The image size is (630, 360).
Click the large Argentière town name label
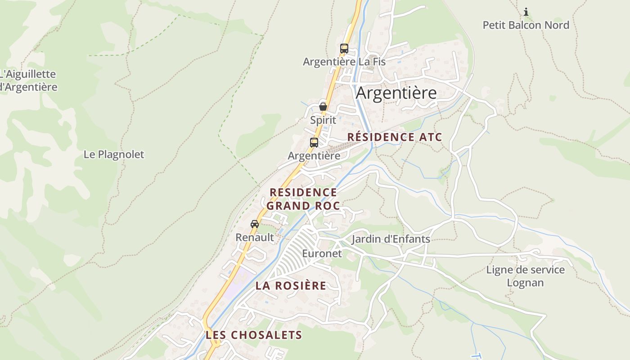coord(396,93)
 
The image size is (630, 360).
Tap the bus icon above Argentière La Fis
coord(344,48)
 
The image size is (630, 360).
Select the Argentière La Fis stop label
coord(344,62)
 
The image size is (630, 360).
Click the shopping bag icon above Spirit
coord(323,107)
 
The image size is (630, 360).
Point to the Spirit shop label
coord(323,120)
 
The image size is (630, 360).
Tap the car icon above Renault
coord(255,224)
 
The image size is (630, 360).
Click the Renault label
coord(255,237)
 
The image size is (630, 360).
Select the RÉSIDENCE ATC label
coord(395,137)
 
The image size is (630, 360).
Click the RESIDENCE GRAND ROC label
coord(304,199)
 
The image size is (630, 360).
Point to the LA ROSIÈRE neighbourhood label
coord(291,286)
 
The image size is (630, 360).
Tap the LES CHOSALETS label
coord(254,335)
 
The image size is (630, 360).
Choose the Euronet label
coord(322,253)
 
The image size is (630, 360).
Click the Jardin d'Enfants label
coord(391,239)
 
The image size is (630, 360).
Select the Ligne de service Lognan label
coord(525,276)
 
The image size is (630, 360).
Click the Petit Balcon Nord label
coord(526,25)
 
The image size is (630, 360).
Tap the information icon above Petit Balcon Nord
coord(526,12)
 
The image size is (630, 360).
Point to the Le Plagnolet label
coord(114,154)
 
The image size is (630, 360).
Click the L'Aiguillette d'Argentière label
coord(28,81)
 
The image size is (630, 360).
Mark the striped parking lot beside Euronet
coord(295,252)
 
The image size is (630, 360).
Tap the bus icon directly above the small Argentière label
coord(314,143)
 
